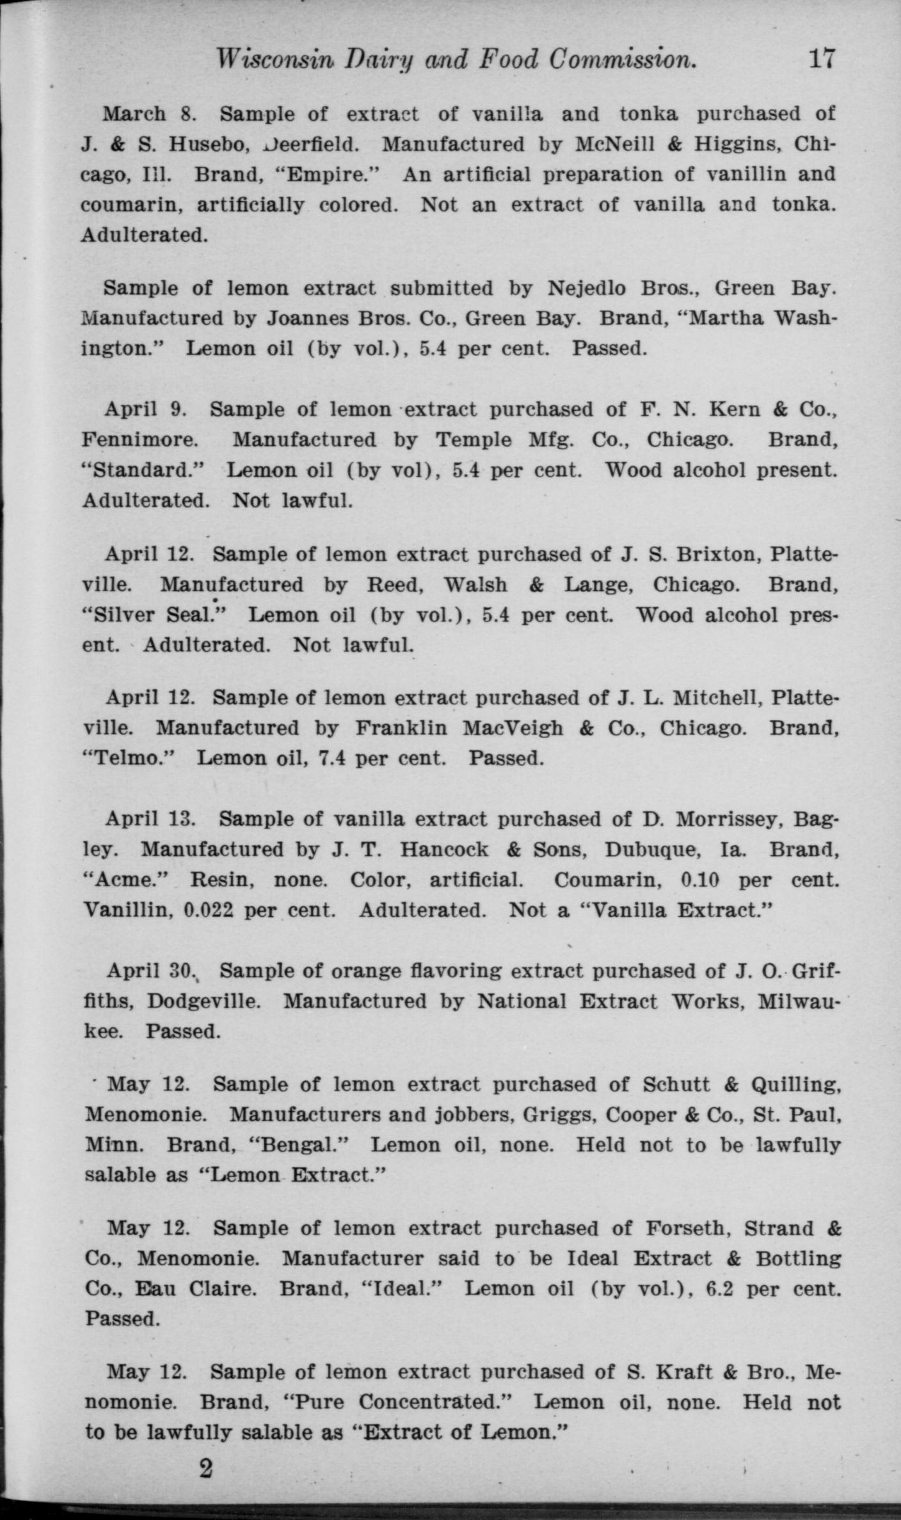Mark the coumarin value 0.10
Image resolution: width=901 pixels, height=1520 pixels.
click(x=701, y=880)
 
